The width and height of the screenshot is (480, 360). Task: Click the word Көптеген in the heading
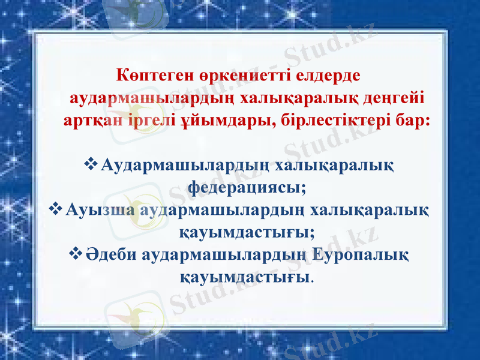144,77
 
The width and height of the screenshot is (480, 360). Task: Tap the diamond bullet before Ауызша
55,210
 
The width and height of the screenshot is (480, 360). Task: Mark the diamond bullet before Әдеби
76,254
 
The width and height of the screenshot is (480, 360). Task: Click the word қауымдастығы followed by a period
245,277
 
